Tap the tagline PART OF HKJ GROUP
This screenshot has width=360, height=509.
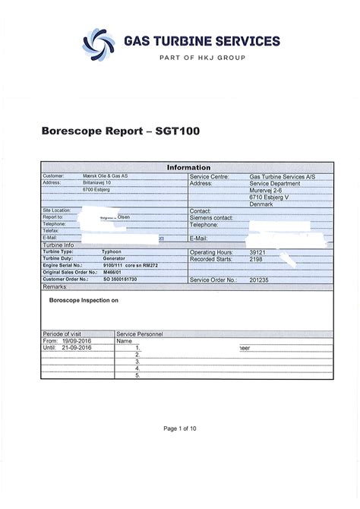coord(202,58)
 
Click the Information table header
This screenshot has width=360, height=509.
coord(188,167)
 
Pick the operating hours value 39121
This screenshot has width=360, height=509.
coord(259,251)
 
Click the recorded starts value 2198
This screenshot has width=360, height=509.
coord(257,258)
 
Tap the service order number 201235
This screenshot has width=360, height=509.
coord(261,280)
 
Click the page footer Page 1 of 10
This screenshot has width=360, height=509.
coord(181,428)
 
